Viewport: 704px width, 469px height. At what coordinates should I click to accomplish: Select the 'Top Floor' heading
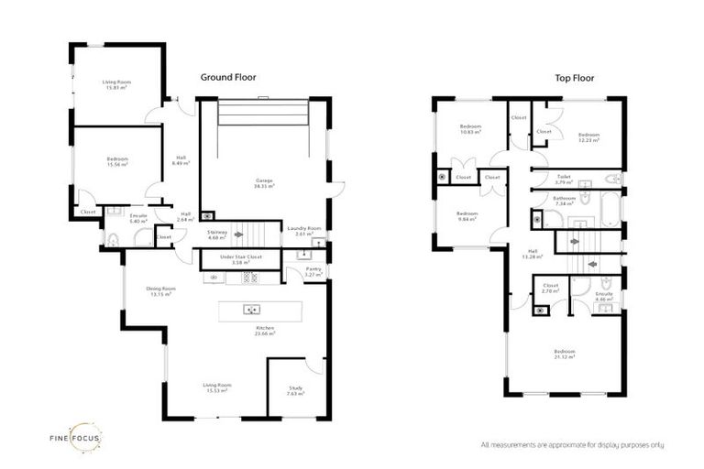576,78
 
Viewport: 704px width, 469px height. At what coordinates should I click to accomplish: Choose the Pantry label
313,271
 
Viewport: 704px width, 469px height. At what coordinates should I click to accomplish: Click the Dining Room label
160,291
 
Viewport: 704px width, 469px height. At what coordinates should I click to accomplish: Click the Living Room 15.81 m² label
116,84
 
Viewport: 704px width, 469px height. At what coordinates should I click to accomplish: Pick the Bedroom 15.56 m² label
116,161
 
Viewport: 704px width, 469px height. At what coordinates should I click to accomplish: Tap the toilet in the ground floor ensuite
113,240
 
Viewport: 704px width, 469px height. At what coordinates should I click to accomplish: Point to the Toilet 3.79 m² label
564,179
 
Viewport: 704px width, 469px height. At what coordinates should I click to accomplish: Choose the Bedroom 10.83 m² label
470,130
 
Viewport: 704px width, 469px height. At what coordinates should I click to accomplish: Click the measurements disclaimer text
572,445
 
